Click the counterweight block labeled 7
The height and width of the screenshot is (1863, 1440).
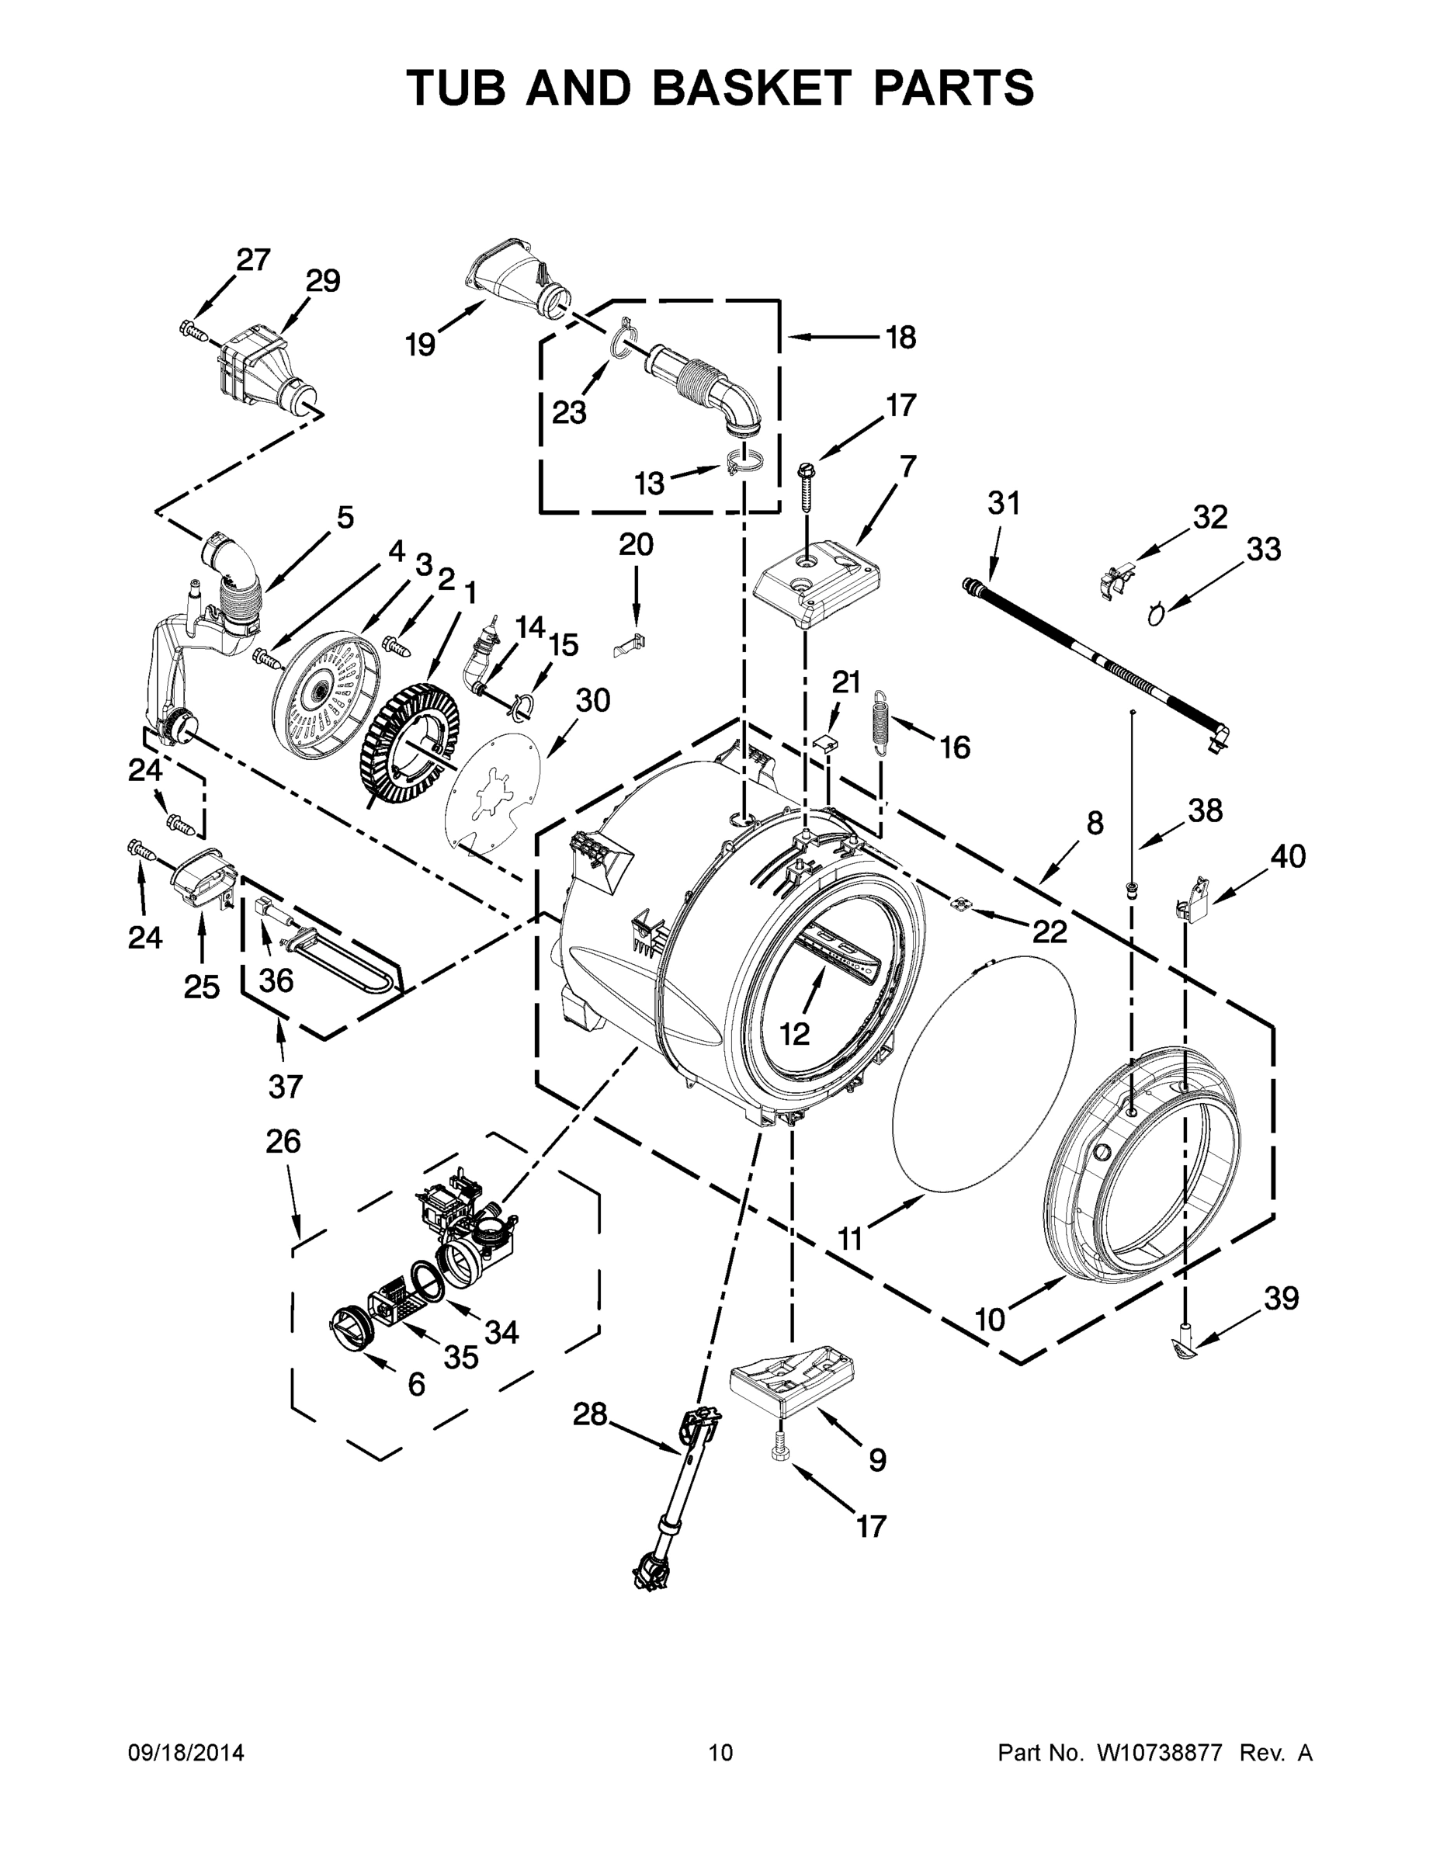point(817,588)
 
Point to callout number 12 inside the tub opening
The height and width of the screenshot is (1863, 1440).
point(793,1034)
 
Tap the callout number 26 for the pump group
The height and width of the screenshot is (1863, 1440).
point(283,1140)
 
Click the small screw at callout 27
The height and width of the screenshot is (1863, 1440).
point(193,328)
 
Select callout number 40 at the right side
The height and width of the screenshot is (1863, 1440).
point(1287,855)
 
